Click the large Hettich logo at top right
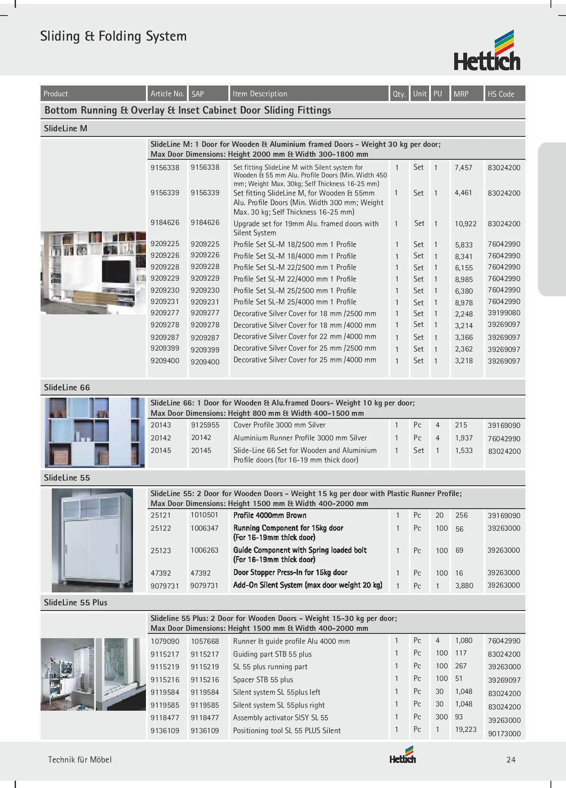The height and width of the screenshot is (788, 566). (x=487, y=51)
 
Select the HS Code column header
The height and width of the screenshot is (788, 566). (x=501, y=94)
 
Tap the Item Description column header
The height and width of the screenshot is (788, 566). (x=260, y=94)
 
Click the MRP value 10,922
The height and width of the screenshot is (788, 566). (x=465, y=224)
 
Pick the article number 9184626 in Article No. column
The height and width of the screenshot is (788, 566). (x=165, y=223)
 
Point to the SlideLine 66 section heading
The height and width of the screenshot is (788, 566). (x=67, y=387)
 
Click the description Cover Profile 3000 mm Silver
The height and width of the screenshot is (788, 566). (x=279, y=425)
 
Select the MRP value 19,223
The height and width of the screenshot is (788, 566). (x=466, y=730)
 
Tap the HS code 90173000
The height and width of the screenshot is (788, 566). (x=504, y=734)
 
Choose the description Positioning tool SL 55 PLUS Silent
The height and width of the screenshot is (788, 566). (x=287, y=731)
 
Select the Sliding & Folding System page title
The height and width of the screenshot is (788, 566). (x=114, y=36)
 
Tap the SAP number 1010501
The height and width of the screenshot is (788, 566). (x=205, y=515)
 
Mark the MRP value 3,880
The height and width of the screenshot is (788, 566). (x=464, y=586)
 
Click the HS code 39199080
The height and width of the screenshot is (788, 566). (x=504, y=313)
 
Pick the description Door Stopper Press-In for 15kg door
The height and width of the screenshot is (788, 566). (x=290, y=573)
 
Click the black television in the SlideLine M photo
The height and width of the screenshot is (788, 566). (x=117, y=272)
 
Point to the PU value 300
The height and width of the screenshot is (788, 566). (x=442, y=717)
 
